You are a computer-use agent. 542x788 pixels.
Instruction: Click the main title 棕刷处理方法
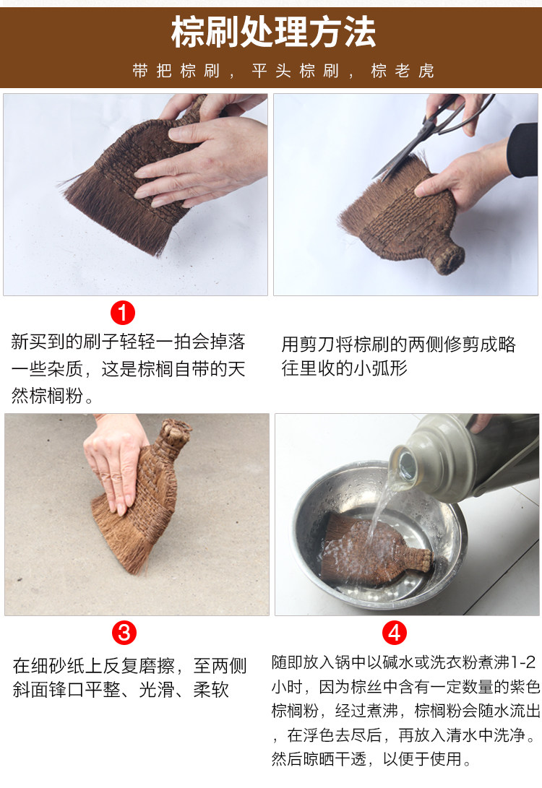[x=273, y=33]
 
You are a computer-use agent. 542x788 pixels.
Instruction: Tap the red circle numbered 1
[x=123, y=313]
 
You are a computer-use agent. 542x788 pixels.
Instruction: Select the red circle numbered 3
[x=124, y=632]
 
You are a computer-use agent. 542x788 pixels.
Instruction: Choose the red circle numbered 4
[x=394, y=632]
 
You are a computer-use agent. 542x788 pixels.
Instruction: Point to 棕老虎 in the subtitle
[x=403, y=71]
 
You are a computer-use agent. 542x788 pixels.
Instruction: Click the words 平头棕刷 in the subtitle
[x=296, y=71]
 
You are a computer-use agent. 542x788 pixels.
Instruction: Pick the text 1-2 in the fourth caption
[x=523, y=662]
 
